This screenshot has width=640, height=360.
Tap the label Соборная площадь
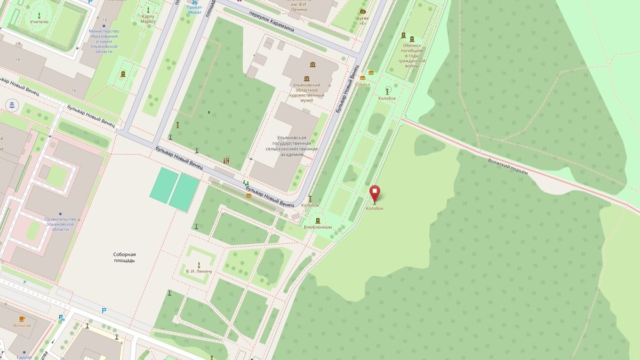point(124,258)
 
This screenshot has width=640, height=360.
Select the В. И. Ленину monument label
point(199,271)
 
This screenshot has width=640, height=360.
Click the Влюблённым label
point(318,227)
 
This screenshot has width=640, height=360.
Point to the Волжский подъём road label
point(508,165)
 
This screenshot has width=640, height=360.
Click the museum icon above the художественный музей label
point(312,65)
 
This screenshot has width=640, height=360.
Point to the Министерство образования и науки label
point(104,38)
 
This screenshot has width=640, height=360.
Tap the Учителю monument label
point(39,22)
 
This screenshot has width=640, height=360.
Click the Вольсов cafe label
point(22,325)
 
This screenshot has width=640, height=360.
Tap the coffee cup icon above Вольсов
point(22,318)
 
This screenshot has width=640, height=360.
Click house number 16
point(74,91)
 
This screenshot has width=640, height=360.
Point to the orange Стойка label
point(363,84)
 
